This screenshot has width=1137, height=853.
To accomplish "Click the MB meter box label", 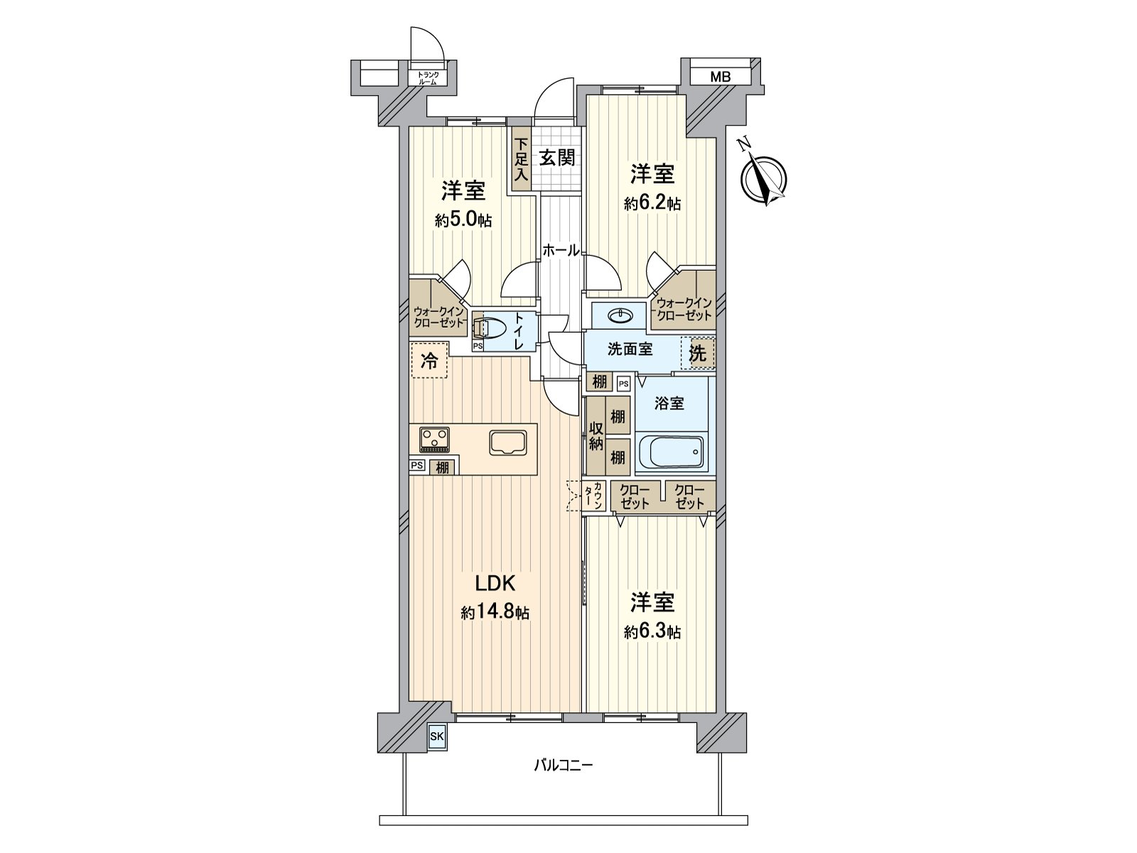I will point(720,77).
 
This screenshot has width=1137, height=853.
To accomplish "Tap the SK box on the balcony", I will point(436,737).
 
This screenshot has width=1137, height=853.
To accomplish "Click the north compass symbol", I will point(764,178).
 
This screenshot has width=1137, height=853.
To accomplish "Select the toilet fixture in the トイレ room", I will point(490,328).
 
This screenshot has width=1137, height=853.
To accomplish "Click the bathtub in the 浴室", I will point(672,451).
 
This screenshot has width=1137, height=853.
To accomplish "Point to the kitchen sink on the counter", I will point(508,441).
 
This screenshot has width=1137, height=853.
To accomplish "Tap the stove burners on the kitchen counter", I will point(434,439).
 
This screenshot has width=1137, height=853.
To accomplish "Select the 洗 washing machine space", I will point(698,353).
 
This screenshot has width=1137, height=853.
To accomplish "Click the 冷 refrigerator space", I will point(429,360).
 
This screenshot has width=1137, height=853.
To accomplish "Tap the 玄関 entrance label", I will point(556,158).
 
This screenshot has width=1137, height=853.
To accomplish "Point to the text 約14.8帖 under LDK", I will point(495,613).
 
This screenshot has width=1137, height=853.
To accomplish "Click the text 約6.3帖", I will point(652,631).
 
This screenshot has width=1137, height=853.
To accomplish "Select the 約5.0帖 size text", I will point(463,220).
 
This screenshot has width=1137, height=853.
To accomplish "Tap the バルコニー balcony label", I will point(563,766).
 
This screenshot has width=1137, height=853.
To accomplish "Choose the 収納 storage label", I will point(596,436).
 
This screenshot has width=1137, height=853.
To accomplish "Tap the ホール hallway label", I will point(561,250).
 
